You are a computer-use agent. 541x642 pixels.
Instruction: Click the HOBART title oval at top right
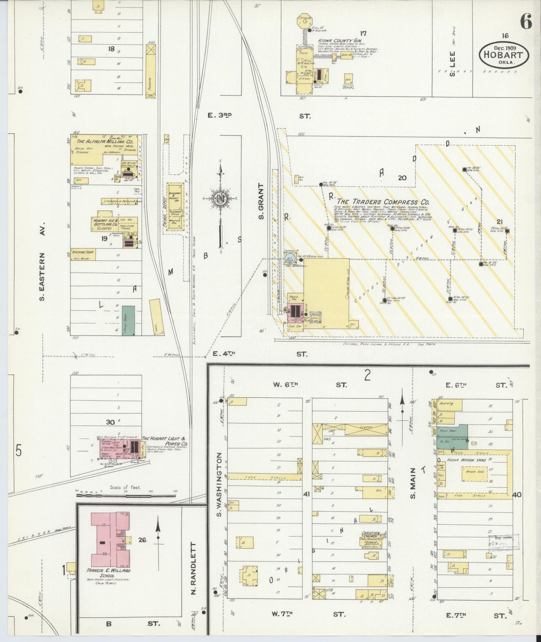point(504,55)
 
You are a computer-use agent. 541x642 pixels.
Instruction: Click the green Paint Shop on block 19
point(128,320)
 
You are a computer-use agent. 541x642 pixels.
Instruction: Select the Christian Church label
point(371,534)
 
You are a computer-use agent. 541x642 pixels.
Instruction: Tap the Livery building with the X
point(365,429)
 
